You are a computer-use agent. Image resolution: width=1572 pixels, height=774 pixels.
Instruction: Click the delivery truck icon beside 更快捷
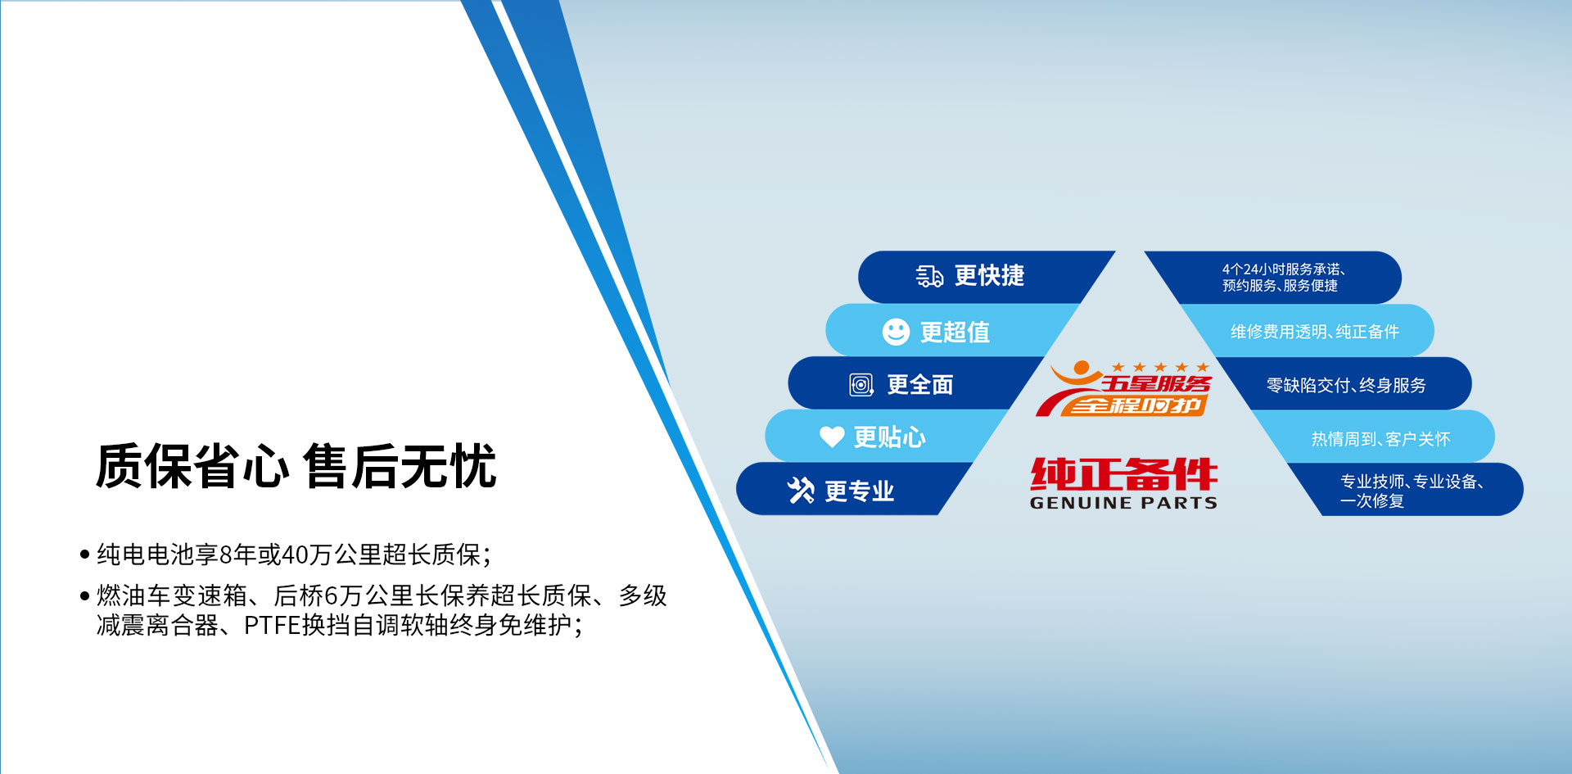pos(929,276)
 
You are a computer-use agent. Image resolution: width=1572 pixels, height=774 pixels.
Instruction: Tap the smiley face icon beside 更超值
pos(896,332)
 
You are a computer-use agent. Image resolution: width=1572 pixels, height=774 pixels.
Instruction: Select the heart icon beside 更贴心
pos(832,437)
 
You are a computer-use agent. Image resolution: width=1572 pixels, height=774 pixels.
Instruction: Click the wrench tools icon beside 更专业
pos(801,491)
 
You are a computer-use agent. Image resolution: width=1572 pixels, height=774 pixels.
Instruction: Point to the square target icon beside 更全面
pos(861,385)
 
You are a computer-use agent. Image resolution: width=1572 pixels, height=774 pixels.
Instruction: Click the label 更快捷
pos(989,276)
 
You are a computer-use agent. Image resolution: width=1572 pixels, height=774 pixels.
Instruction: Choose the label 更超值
pos(955,332)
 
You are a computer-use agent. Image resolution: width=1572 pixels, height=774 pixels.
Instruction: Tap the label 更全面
pos(920,385)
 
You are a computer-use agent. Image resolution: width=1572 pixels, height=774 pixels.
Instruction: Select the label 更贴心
pos(889,437)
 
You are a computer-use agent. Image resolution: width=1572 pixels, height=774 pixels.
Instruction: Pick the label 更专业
pos(859,491)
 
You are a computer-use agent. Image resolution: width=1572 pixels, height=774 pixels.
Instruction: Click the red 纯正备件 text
pos(1123,474)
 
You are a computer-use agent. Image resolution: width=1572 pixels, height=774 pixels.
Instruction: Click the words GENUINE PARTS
pos(1123,503)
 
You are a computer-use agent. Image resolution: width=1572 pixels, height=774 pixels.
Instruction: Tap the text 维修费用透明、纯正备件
pos(1315,332)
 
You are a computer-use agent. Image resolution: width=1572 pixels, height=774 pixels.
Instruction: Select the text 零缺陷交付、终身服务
pos(1346,385)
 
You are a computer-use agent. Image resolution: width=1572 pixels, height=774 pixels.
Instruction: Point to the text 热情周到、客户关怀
pos(1380,439)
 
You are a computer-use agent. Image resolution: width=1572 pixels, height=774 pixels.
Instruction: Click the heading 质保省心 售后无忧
pos(296,466)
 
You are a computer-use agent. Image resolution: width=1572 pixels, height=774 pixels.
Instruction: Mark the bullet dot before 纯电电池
pos(84,554)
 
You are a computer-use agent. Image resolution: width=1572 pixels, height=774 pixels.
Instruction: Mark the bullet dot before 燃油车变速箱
pos(84,595)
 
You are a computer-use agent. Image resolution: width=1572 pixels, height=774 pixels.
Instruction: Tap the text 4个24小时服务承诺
pos(1283,269)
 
